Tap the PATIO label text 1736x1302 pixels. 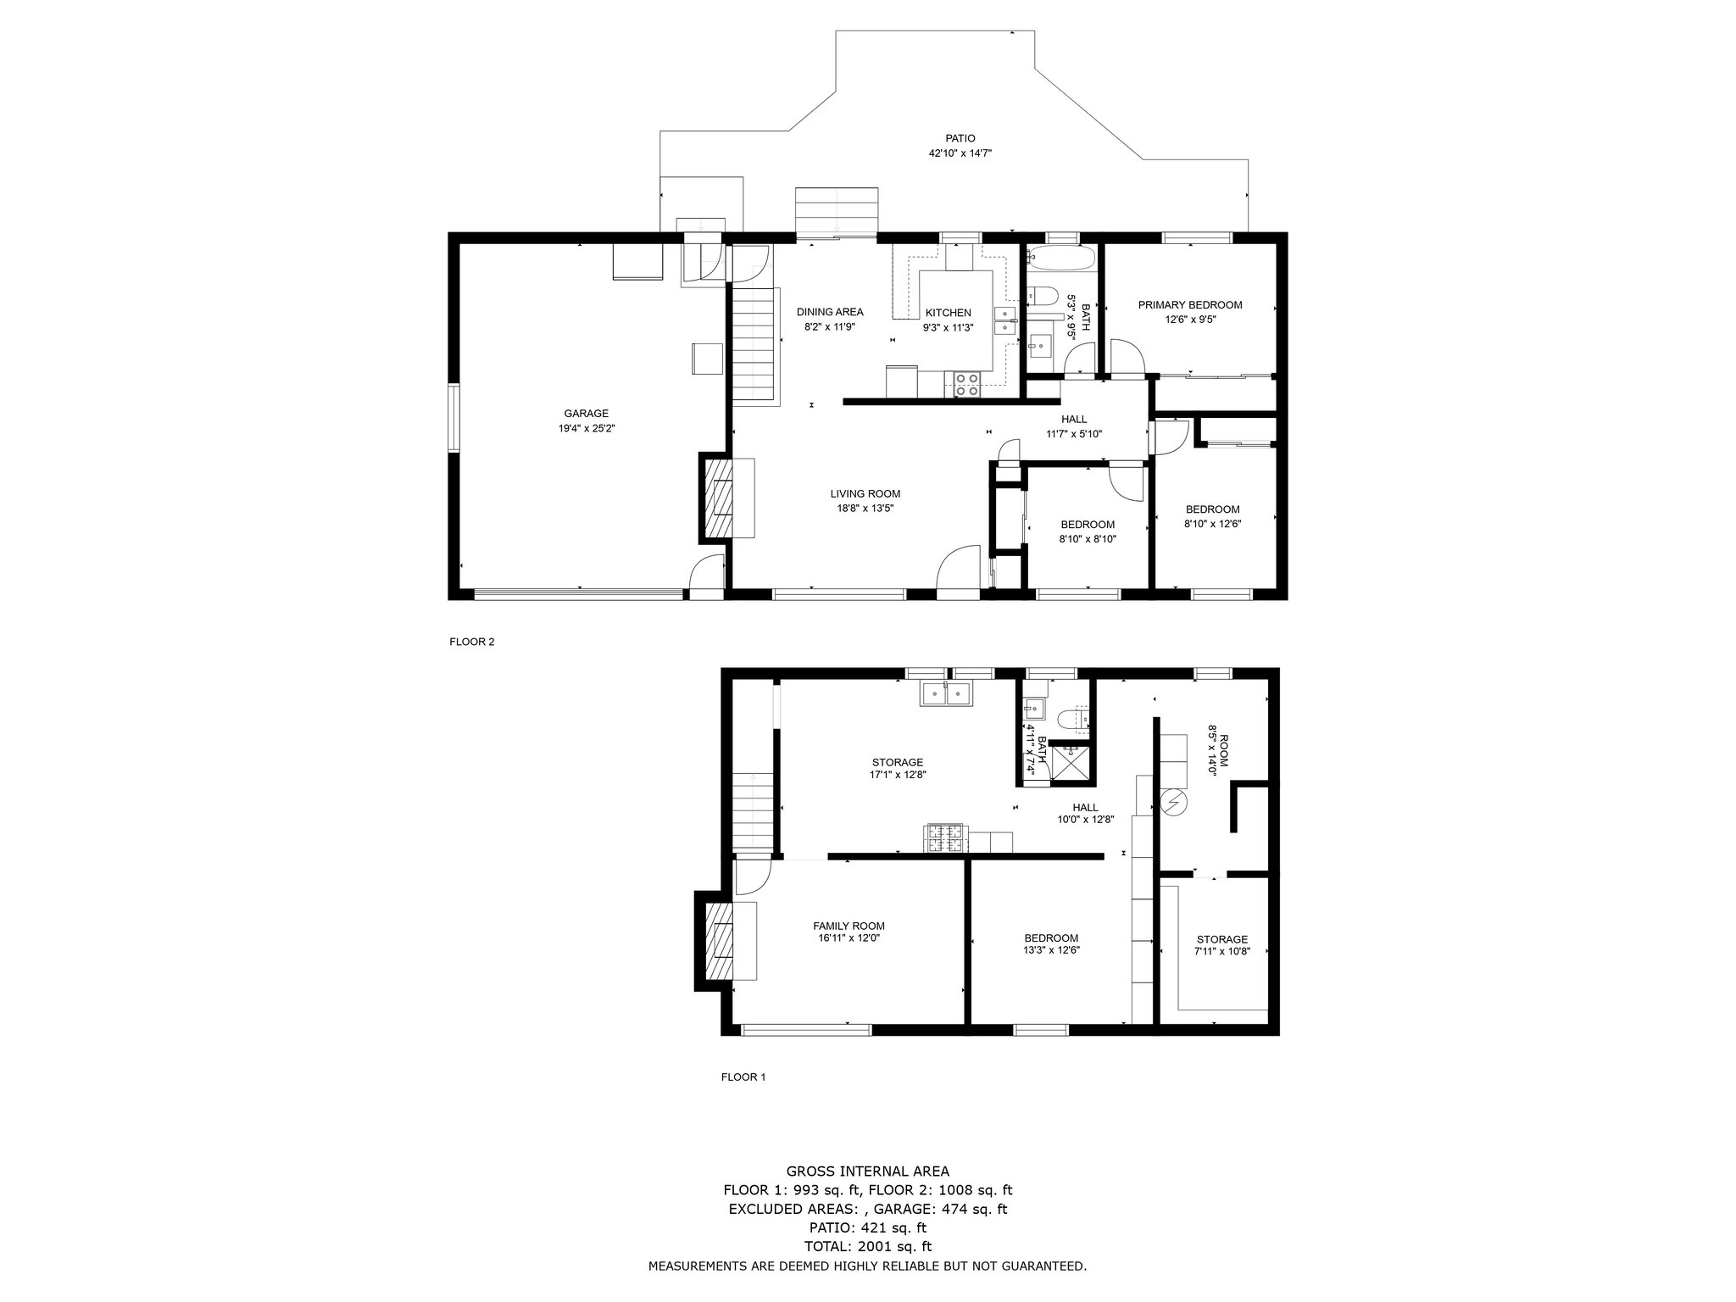pyautogui.click(x=960, y=138)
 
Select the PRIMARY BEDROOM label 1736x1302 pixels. pyautogui.click(x=1190, y=305)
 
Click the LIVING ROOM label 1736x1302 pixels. pyautogui.click(x=865, y=494)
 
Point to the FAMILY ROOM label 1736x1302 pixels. pyautogui.click(x=849, y=926)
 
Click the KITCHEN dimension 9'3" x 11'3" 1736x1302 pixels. pyautogui.click(x=949, y=327)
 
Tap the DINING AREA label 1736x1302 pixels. pyautogui.click(x=830, y=312)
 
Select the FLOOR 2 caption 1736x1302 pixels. pyautogui.click(x=471, y=642)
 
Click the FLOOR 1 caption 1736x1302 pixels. pyautogui.click(x=743, y=1077)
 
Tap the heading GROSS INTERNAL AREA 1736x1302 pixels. pyautogui.click(x=868, y=1171)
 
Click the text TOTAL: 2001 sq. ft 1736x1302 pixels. pyautogui.click(x=868, y=1246)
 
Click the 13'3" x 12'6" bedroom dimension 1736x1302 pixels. pyautogui.click(x=1051, y=950)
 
